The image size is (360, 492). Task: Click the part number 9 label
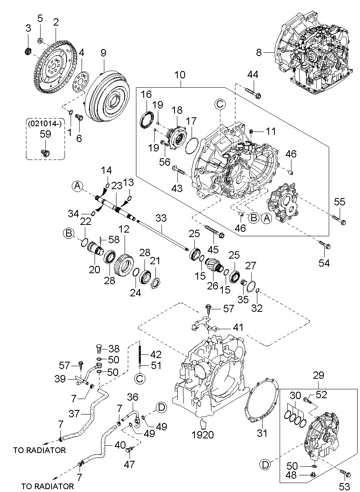point(103,52)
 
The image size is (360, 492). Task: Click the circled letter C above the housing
point(219,105)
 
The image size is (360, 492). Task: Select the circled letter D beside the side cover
point(265,464)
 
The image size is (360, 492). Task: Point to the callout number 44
point(253,74)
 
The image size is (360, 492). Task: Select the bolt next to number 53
point(346,473)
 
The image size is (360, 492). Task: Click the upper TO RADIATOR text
point(39,450)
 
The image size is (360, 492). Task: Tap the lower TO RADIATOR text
point(47,486)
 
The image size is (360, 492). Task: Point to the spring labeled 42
point(139,353)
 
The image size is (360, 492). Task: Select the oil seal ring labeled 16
point(147,120)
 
